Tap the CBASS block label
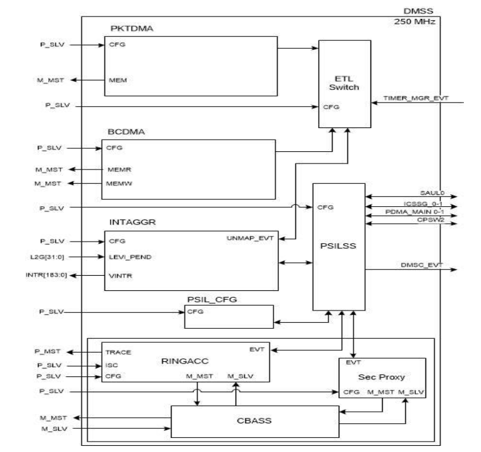click(253, 420)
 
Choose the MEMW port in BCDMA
click(117, 182)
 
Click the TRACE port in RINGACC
click(118, 351)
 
